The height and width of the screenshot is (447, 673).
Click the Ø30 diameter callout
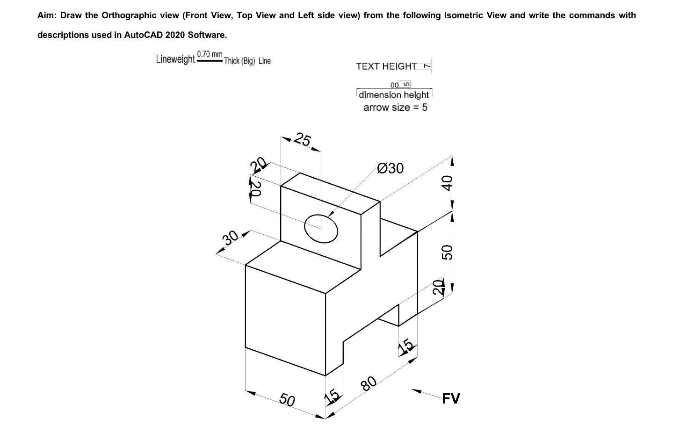click(x=390, y=168)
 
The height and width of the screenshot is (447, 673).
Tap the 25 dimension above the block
click(x=303, y=140)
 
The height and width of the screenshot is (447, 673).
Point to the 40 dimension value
click(x=447, y=182)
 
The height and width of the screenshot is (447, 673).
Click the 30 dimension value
click(x=231, y=238)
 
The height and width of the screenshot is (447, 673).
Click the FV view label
click(x=451, y=398)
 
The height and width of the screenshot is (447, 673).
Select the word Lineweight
click(x=175, y=59)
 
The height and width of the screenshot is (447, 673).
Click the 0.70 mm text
click(x=210, y=54)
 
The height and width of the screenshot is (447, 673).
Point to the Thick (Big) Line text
click(x=247, y=61)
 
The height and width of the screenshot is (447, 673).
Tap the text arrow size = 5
click(x=395, y=108)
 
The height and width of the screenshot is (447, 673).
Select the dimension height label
click(x=394, y=95)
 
